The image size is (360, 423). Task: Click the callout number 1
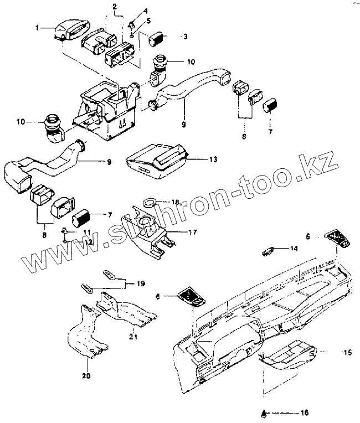pyautogui.click(x=37, y=27)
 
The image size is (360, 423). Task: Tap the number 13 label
pyautogui.click(x=198, y=159)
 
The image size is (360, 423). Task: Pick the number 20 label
pyautogui.click(x=87, y=376)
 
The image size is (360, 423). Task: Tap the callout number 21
pyautogui.click(x=133, y=336)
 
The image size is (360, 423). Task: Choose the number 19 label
pyautogui.click(x=141, y=283)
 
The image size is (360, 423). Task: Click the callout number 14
pyautogui.click(x=294, y=249)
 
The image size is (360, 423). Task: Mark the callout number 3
pyautogui.click(x=185, y=37)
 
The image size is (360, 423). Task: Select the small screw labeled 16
pyautogui.click(x=265, y=412)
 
